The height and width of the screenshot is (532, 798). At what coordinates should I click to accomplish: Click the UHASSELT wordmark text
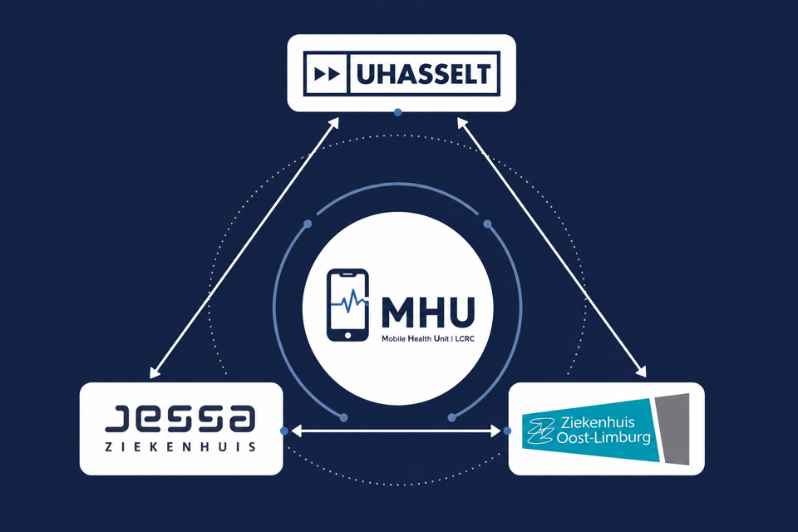[423, 74]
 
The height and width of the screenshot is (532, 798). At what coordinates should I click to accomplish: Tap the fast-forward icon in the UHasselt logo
[327, 74]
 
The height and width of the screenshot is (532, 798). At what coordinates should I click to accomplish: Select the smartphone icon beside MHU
[347, 305]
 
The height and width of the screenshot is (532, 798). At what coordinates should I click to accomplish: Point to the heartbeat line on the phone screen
[349, 302]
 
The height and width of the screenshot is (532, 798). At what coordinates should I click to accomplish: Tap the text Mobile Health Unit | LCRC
[428, 338]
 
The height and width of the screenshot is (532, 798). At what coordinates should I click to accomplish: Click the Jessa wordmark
[180, 418]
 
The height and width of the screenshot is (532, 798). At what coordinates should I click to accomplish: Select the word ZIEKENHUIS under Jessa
[180, 447]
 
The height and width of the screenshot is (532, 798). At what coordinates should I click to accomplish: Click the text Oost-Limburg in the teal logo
[603, 436]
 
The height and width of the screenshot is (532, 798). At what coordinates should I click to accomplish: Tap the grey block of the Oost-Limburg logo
[672, 429]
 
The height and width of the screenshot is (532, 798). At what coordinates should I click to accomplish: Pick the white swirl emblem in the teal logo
[540, 431]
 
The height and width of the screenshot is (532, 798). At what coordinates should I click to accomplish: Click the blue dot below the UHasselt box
[398, 112]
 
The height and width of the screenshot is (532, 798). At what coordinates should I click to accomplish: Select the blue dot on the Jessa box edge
[284, 431]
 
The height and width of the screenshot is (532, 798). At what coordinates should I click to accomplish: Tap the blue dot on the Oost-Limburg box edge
[507, 431]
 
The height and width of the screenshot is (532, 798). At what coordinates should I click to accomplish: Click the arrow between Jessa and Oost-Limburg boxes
[396, 431]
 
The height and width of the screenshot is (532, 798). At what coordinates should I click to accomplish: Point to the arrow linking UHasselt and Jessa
[244, 248]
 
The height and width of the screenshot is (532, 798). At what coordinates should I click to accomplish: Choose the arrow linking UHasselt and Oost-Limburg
[552, 248]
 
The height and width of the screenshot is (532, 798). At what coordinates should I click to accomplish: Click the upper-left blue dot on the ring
[308, 224]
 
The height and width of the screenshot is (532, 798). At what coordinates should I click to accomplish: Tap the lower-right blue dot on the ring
[451, 418]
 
